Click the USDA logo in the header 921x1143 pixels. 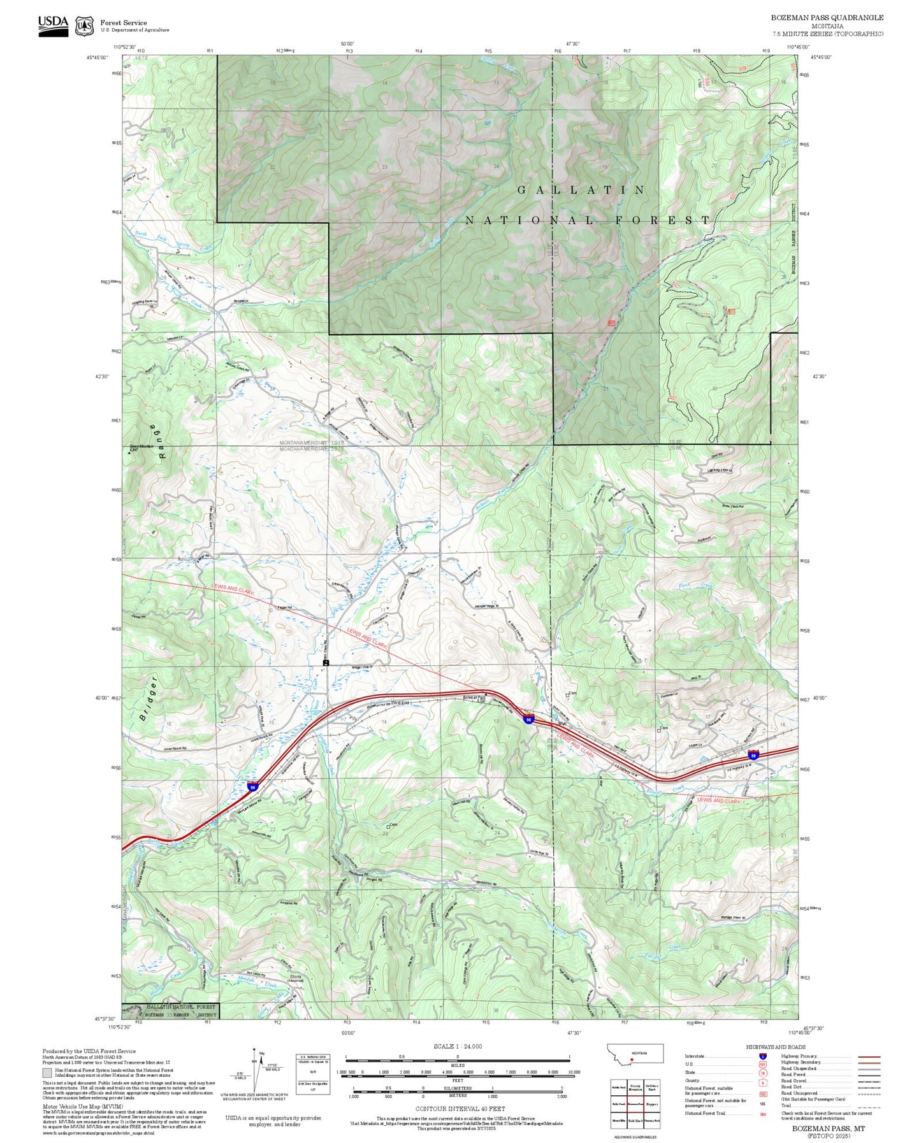[53, 25]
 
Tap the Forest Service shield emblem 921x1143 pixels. [83, 26]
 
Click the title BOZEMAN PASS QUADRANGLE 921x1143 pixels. [827, 18]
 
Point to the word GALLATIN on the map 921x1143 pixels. [581, 190]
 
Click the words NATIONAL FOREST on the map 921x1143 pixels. [588, 220]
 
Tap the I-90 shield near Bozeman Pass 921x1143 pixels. [528, 719]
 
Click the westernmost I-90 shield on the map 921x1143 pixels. [253, 787]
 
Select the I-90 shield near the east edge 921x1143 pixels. [753, 755]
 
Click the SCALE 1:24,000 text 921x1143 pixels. [458, 1046]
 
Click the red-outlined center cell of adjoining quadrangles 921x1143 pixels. [634, 1103]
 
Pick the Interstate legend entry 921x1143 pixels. [695, 1056]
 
